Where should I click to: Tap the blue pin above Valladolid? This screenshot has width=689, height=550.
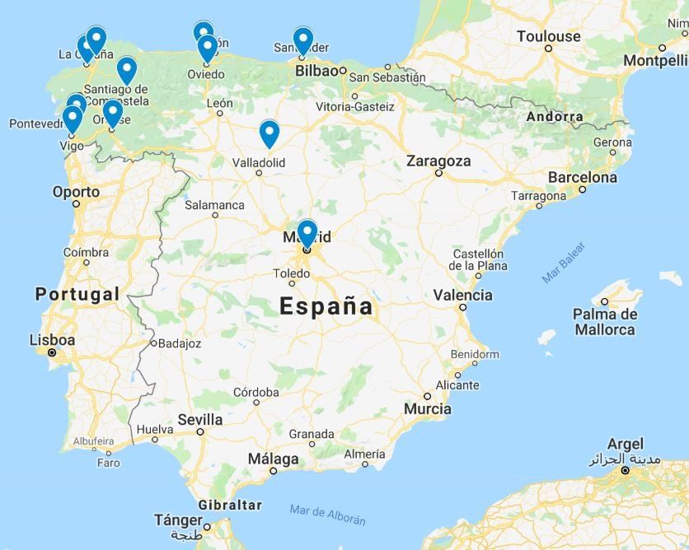(x=270, y=133)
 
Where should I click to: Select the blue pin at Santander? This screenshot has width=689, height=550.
(x=303, y=40)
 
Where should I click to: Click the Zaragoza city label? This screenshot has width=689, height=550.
(x=438, y=161)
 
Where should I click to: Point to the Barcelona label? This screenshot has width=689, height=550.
(x=582, y=177)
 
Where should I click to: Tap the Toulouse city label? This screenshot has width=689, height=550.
(x=548, y=36)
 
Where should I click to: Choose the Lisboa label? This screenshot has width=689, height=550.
(x=52, y=339)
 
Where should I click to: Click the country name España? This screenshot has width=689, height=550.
(x=326, y=306)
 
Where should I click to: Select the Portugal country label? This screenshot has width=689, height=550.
(x=77, y=294)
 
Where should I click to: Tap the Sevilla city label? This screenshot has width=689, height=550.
(x=200, y=419)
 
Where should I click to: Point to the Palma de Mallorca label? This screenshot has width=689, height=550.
(x=605, y=322)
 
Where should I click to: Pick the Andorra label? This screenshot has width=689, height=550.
(x=555, y=117)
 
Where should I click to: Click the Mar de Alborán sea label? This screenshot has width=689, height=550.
(x=327, y=514)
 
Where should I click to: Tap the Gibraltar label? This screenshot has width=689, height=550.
(x=230, y=505)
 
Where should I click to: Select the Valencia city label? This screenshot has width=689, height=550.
(x=462, y=295)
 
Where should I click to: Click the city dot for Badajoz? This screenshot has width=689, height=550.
(x=153, y=343)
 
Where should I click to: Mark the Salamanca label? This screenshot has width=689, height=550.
(x=214, y=205)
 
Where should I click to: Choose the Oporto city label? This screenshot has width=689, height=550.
(x=76, y=192)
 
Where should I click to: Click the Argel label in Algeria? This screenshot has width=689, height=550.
(x=625, y=444)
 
